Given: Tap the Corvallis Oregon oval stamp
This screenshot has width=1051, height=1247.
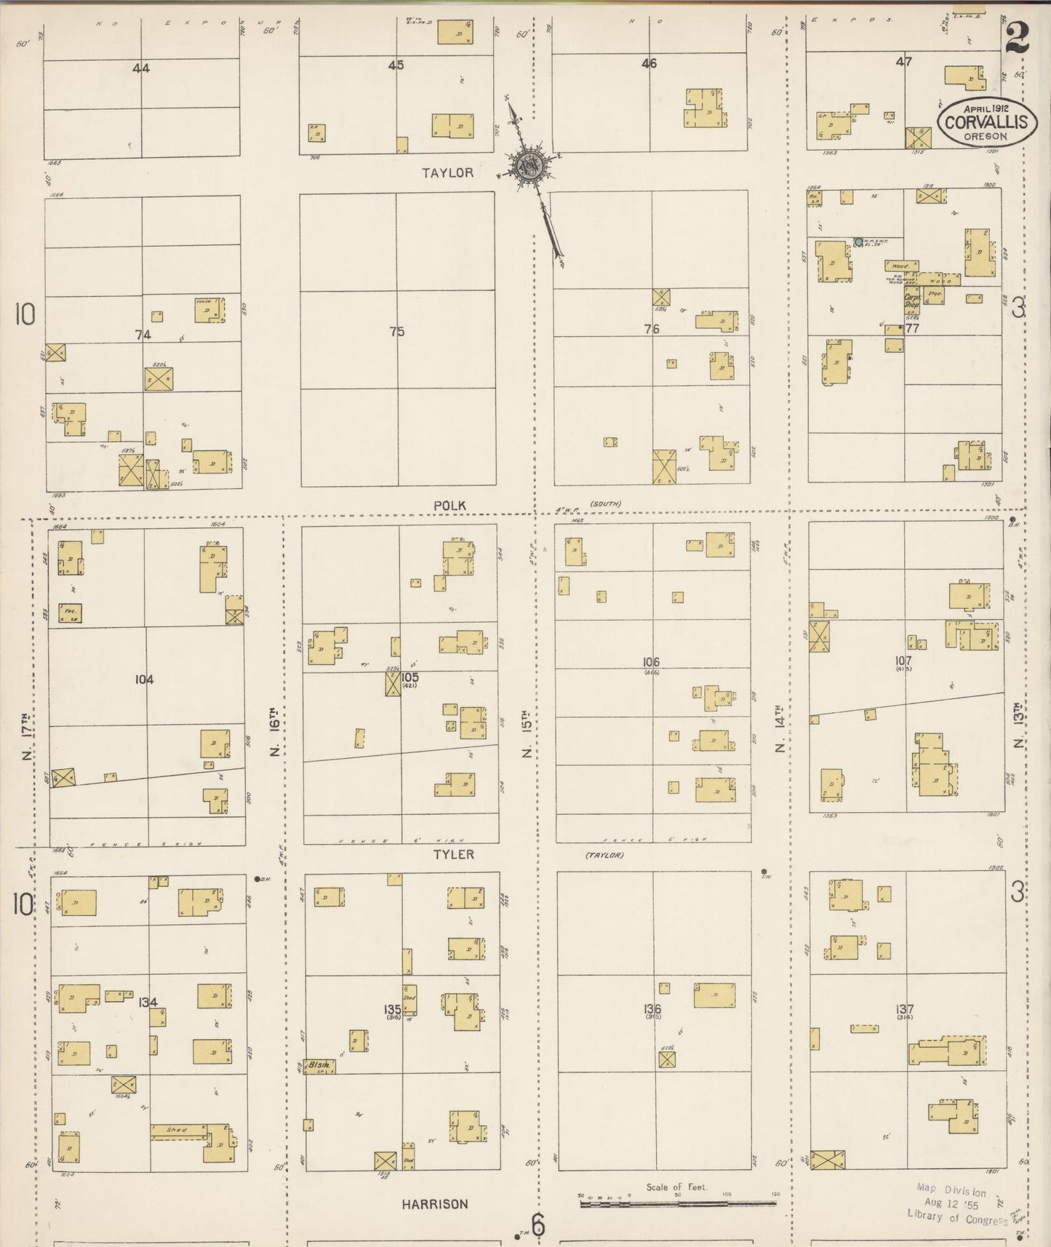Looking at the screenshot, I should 986,121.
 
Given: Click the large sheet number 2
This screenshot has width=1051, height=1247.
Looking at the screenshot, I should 1017,36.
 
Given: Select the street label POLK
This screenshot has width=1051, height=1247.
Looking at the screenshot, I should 449,505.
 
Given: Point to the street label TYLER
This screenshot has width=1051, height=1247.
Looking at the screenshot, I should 454,854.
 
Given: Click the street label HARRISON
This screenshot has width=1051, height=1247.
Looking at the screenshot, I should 434,1204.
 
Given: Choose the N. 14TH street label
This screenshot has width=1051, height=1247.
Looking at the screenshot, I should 780,728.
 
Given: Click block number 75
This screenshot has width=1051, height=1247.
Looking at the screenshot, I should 396,332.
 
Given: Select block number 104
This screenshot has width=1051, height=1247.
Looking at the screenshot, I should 144,680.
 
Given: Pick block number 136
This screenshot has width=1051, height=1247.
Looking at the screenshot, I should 652,1008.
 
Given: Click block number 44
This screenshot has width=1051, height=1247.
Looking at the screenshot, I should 141,68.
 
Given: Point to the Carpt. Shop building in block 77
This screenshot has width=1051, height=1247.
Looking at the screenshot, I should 911,301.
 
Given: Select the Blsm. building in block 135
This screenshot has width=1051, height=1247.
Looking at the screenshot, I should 320,1065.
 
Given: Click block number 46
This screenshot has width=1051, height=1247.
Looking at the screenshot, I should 649,64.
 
